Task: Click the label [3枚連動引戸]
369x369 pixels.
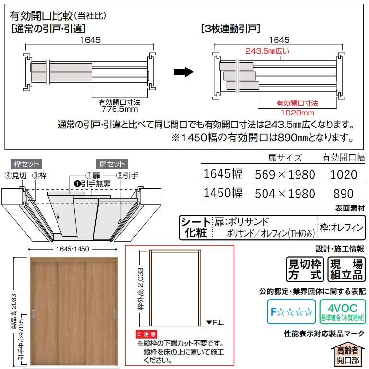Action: pyautogui.click(x=231, y=28)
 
